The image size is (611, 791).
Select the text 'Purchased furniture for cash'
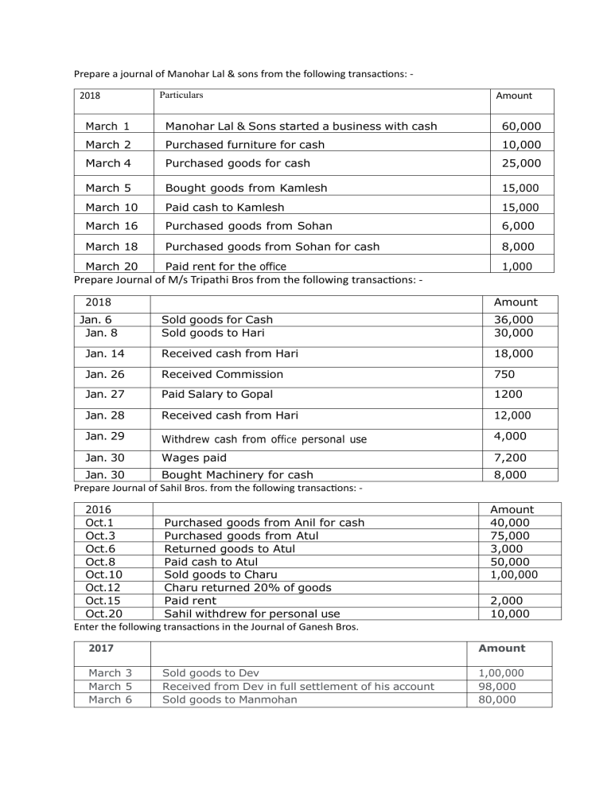pyautogui.click(x=244, y=145)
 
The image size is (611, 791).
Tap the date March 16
pyautogui.click(x=111, y=226)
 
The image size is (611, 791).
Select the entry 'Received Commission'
pyautogui.click(x=222, y=374)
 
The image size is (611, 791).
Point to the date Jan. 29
pyautogui.click(x=101, y=435)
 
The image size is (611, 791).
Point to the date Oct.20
pyautogui.click(x=103, y=613)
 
